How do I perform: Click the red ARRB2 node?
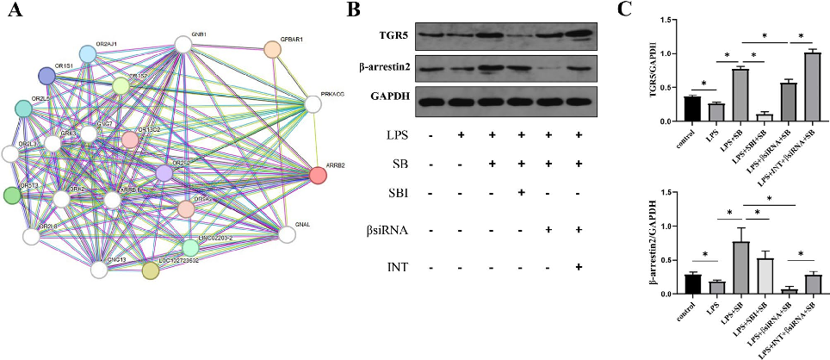[x=318, y=176]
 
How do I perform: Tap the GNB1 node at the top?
[x=183, y=44]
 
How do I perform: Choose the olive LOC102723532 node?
[x=151, y=271]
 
